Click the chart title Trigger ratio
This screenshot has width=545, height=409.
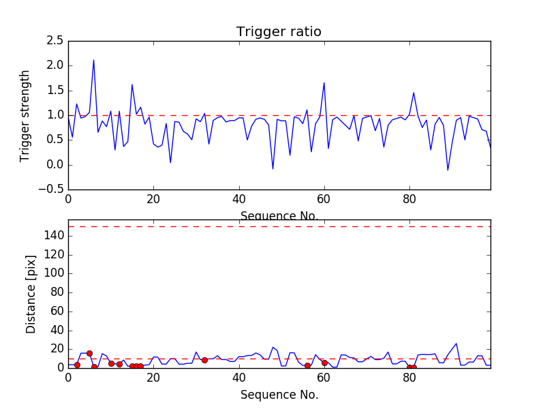[279, 32]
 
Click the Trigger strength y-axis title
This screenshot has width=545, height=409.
[25, 115]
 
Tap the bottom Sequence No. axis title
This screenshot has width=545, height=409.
[279, 395]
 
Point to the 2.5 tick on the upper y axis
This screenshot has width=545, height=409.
[55, 41]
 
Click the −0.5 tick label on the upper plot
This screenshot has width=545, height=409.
[52, 190]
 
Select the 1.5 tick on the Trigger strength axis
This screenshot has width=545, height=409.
[55, 91]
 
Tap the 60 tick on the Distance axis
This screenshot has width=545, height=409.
[57, 311]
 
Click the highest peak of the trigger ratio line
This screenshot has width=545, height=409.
[93, 60]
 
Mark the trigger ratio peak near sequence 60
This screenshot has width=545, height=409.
[324, 83]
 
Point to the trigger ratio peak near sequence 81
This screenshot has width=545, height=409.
[414, 93]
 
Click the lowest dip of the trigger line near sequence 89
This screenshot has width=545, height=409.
[448, 170]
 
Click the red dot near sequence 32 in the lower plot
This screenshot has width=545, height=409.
[204, 360]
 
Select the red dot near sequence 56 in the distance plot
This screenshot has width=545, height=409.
[307, 366]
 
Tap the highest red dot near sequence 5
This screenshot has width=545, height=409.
[89, 353]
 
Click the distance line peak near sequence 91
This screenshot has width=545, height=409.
[456, 344]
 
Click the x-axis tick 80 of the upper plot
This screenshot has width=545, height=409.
[409, 199]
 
